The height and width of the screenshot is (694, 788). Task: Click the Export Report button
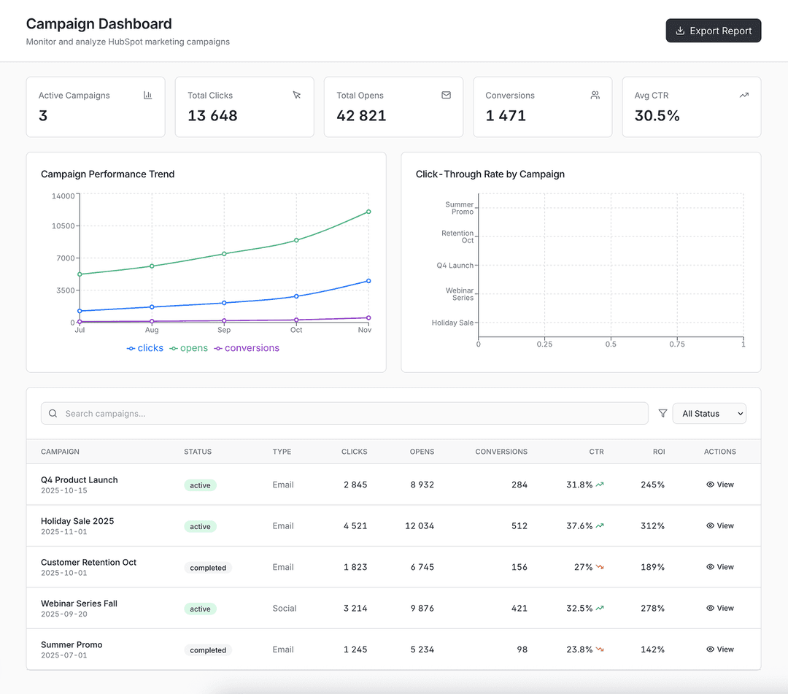coord(713,31)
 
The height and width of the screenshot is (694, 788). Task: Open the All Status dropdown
coord(708,413)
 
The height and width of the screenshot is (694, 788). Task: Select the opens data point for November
coord(368,212)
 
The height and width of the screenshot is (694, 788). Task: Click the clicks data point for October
coord(296,296)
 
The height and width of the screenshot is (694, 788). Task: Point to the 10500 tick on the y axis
coord(63,225)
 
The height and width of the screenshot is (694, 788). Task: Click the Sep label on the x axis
coord(224,330)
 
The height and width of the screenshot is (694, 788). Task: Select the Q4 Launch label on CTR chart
coord(455,266)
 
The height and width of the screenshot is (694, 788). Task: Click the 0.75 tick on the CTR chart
coord(677,344)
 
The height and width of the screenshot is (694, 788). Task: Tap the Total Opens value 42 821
coord(361,115)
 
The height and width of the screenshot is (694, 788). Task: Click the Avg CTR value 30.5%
coord(657,115)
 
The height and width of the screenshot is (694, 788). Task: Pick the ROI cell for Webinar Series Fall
coord(652,608)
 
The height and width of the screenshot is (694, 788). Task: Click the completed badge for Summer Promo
coord(208,649)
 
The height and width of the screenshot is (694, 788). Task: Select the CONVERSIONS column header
coord(501,452)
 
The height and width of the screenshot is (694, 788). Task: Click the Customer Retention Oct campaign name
coord(88,562)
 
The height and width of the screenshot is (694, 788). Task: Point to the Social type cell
coord(285,608)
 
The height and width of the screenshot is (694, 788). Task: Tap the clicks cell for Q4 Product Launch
coord(355,485)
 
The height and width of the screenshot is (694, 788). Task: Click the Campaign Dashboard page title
coord(98,24)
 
